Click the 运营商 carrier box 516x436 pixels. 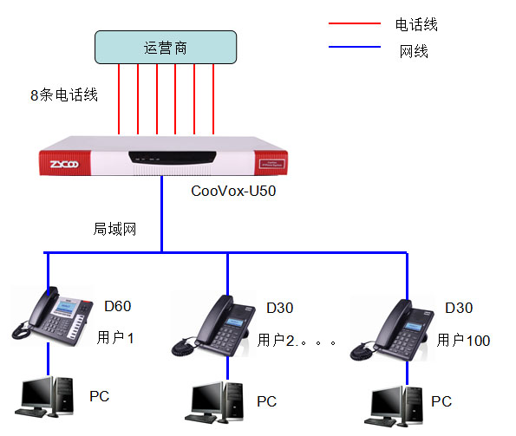point(165,47)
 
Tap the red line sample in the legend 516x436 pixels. point(354,23)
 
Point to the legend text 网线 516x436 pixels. point(414,50)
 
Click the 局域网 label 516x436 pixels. point(115,229)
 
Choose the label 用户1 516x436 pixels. point(115,336)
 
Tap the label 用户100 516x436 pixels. point(463,340)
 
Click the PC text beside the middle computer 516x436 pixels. point(266,401)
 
